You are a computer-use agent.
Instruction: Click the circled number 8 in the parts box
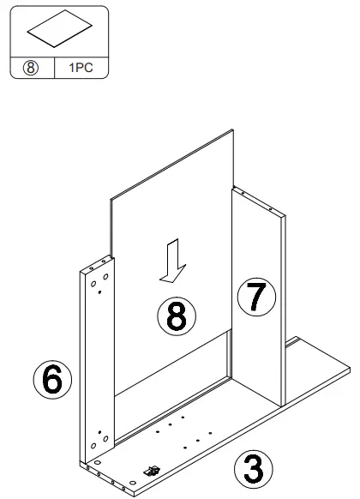(30, 66)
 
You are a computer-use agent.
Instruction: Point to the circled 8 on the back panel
(176, 316)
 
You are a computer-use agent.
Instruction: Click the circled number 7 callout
(257, 297)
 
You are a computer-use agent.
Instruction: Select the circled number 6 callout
(52, 380)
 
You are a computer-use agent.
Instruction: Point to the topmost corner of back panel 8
(233, 131)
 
